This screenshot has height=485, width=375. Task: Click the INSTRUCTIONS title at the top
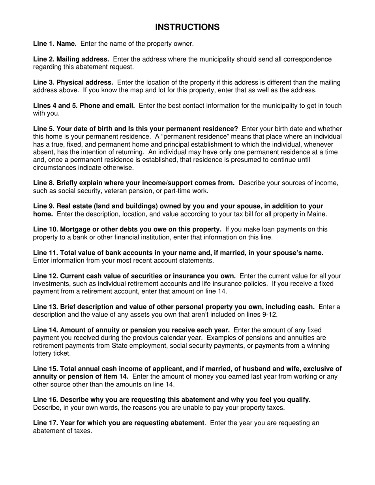[x=187, y=27]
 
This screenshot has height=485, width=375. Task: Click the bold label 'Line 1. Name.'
[x=55, y=44]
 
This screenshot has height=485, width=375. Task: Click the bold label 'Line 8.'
[x=43, y=183]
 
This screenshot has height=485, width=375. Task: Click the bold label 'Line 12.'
[x=45, y=276]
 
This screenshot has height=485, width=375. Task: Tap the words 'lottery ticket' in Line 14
[x=51, y=353]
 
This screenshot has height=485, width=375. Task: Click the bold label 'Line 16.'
[x=45, y=400]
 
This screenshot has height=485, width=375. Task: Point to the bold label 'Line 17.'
[x=45, y=423]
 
